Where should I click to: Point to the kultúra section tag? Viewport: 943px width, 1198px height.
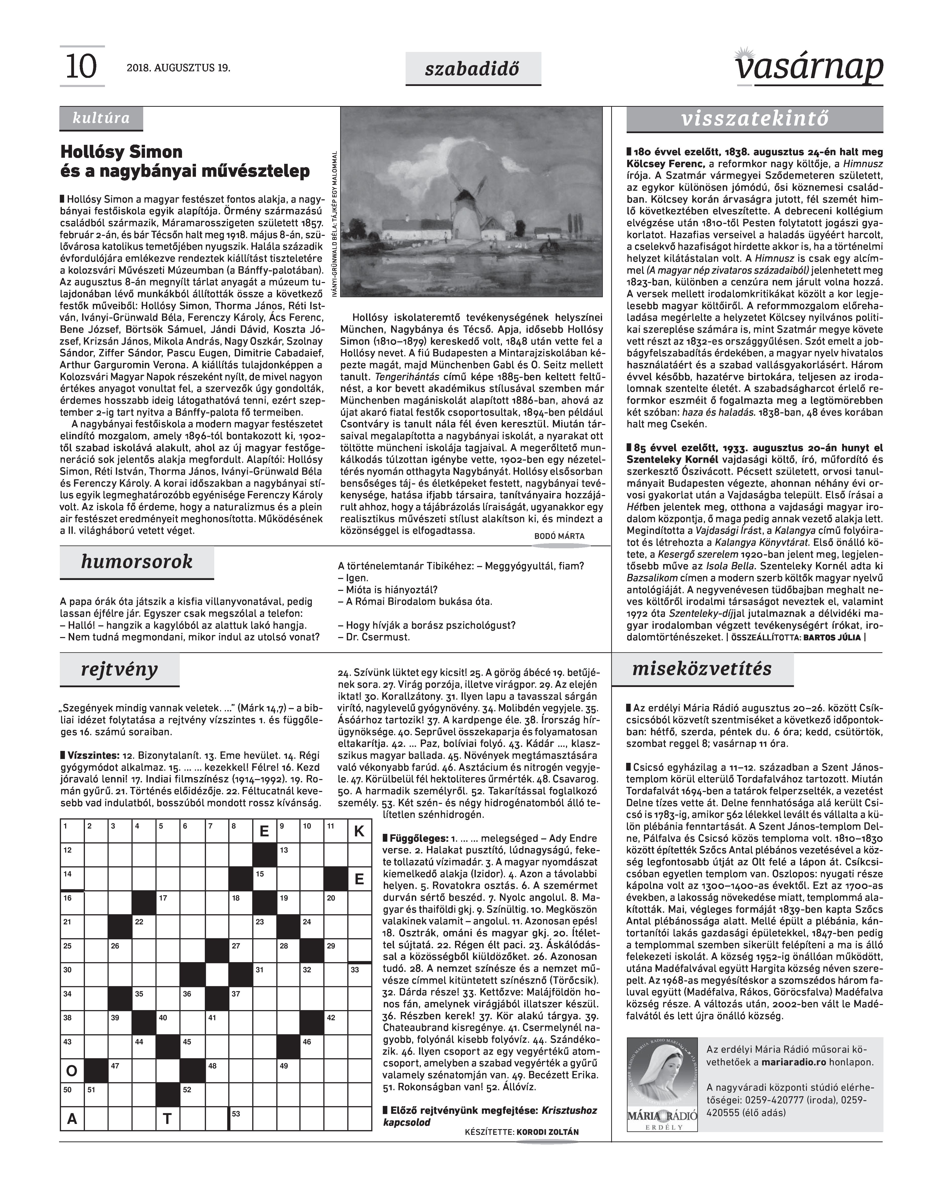(x=101, y=118)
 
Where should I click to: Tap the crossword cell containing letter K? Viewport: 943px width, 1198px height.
(x=359, y=831)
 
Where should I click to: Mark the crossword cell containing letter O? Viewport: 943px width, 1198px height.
(x=72, y=1071)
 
